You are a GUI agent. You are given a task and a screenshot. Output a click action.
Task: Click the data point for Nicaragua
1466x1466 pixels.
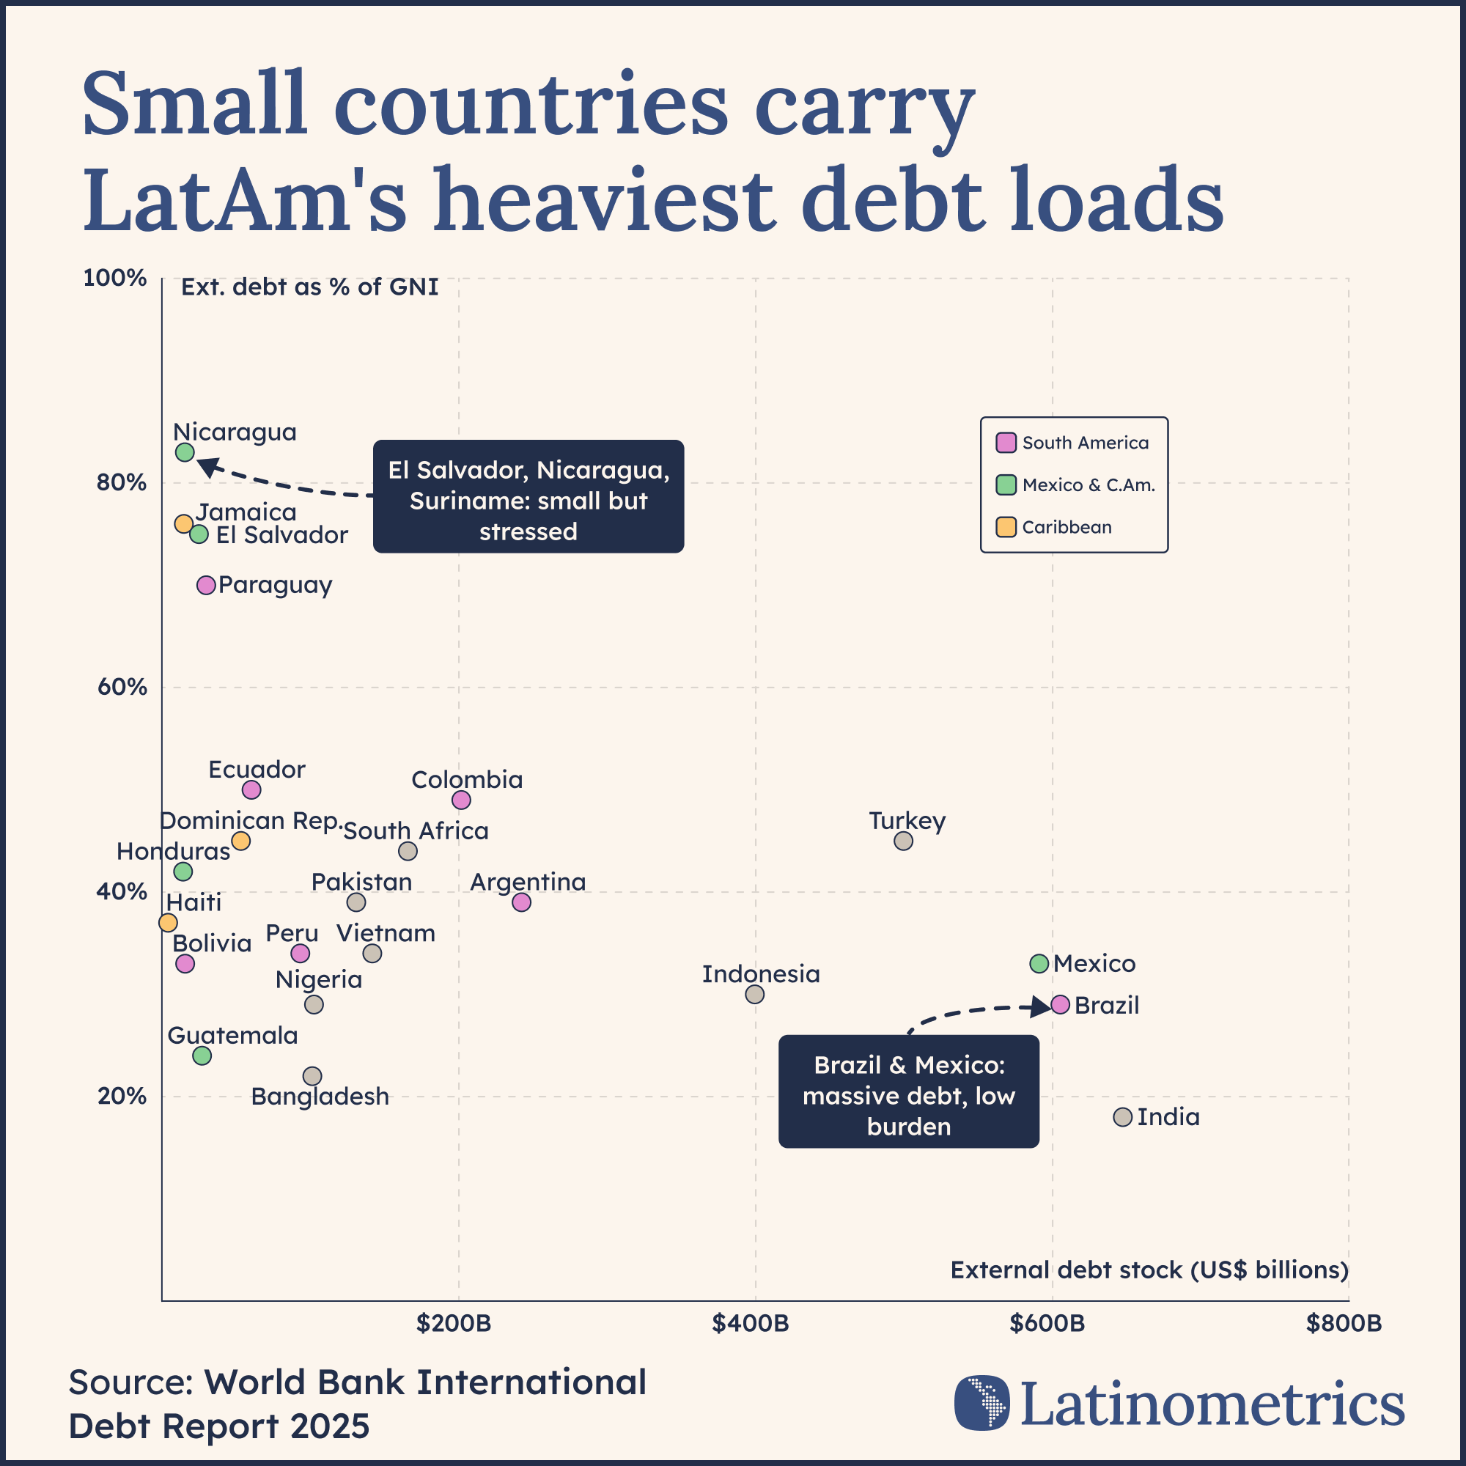pyautogui.click(x=185, y=452)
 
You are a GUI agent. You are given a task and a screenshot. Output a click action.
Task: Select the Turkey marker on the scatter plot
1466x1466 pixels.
pyautogui.click(x=903, y=841)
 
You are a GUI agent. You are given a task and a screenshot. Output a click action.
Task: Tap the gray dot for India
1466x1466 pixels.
pyautogui.click(x=1122, y=1117)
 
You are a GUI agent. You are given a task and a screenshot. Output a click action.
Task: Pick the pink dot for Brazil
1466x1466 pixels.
pyautogui.click(x=1060, y=1005)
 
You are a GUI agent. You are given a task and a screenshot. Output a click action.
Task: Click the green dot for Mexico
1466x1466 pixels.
pyautogui.click(x=1039, y=964)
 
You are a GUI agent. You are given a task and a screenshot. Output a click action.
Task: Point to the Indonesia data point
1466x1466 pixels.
pyautogui.click(x=754, y=994)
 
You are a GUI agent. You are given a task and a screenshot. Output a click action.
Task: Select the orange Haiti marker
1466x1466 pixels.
pyautogui.click(x=168, y=923)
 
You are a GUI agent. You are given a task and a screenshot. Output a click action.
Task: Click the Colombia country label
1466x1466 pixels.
pyautogui.click(x=467, y=780)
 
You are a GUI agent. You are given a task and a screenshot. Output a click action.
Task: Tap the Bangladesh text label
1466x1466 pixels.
pyautogui.click(x=320, y=1097)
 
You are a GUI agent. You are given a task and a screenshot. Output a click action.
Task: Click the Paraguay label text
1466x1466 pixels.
pyautogui.click(x=275, y=585)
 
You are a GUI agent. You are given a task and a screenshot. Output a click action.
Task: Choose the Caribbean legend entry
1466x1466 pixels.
pyautogui.click(x=1065, y=527)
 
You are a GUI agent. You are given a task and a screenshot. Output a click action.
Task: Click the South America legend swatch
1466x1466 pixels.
pyautogui.click(x=1006, y=443)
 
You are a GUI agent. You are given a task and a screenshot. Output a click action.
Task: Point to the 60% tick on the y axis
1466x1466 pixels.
pyautogui.click(x=122, y=688)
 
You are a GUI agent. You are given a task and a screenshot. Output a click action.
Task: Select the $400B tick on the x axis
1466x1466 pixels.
pyautogui.click(x=751, y=1324)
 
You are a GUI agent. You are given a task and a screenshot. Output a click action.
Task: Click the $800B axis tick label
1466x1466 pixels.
pyautogui.click(x=1343, y=1324)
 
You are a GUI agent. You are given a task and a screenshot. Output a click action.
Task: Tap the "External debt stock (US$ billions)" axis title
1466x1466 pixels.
pyautogui.click(x=1149, y=1270)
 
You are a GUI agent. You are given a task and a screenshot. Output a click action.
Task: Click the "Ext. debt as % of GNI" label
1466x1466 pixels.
pyautogui.click(x=309, y=287)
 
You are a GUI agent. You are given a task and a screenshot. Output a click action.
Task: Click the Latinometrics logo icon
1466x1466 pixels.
pyautogui.click(x=982, y=1402)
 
